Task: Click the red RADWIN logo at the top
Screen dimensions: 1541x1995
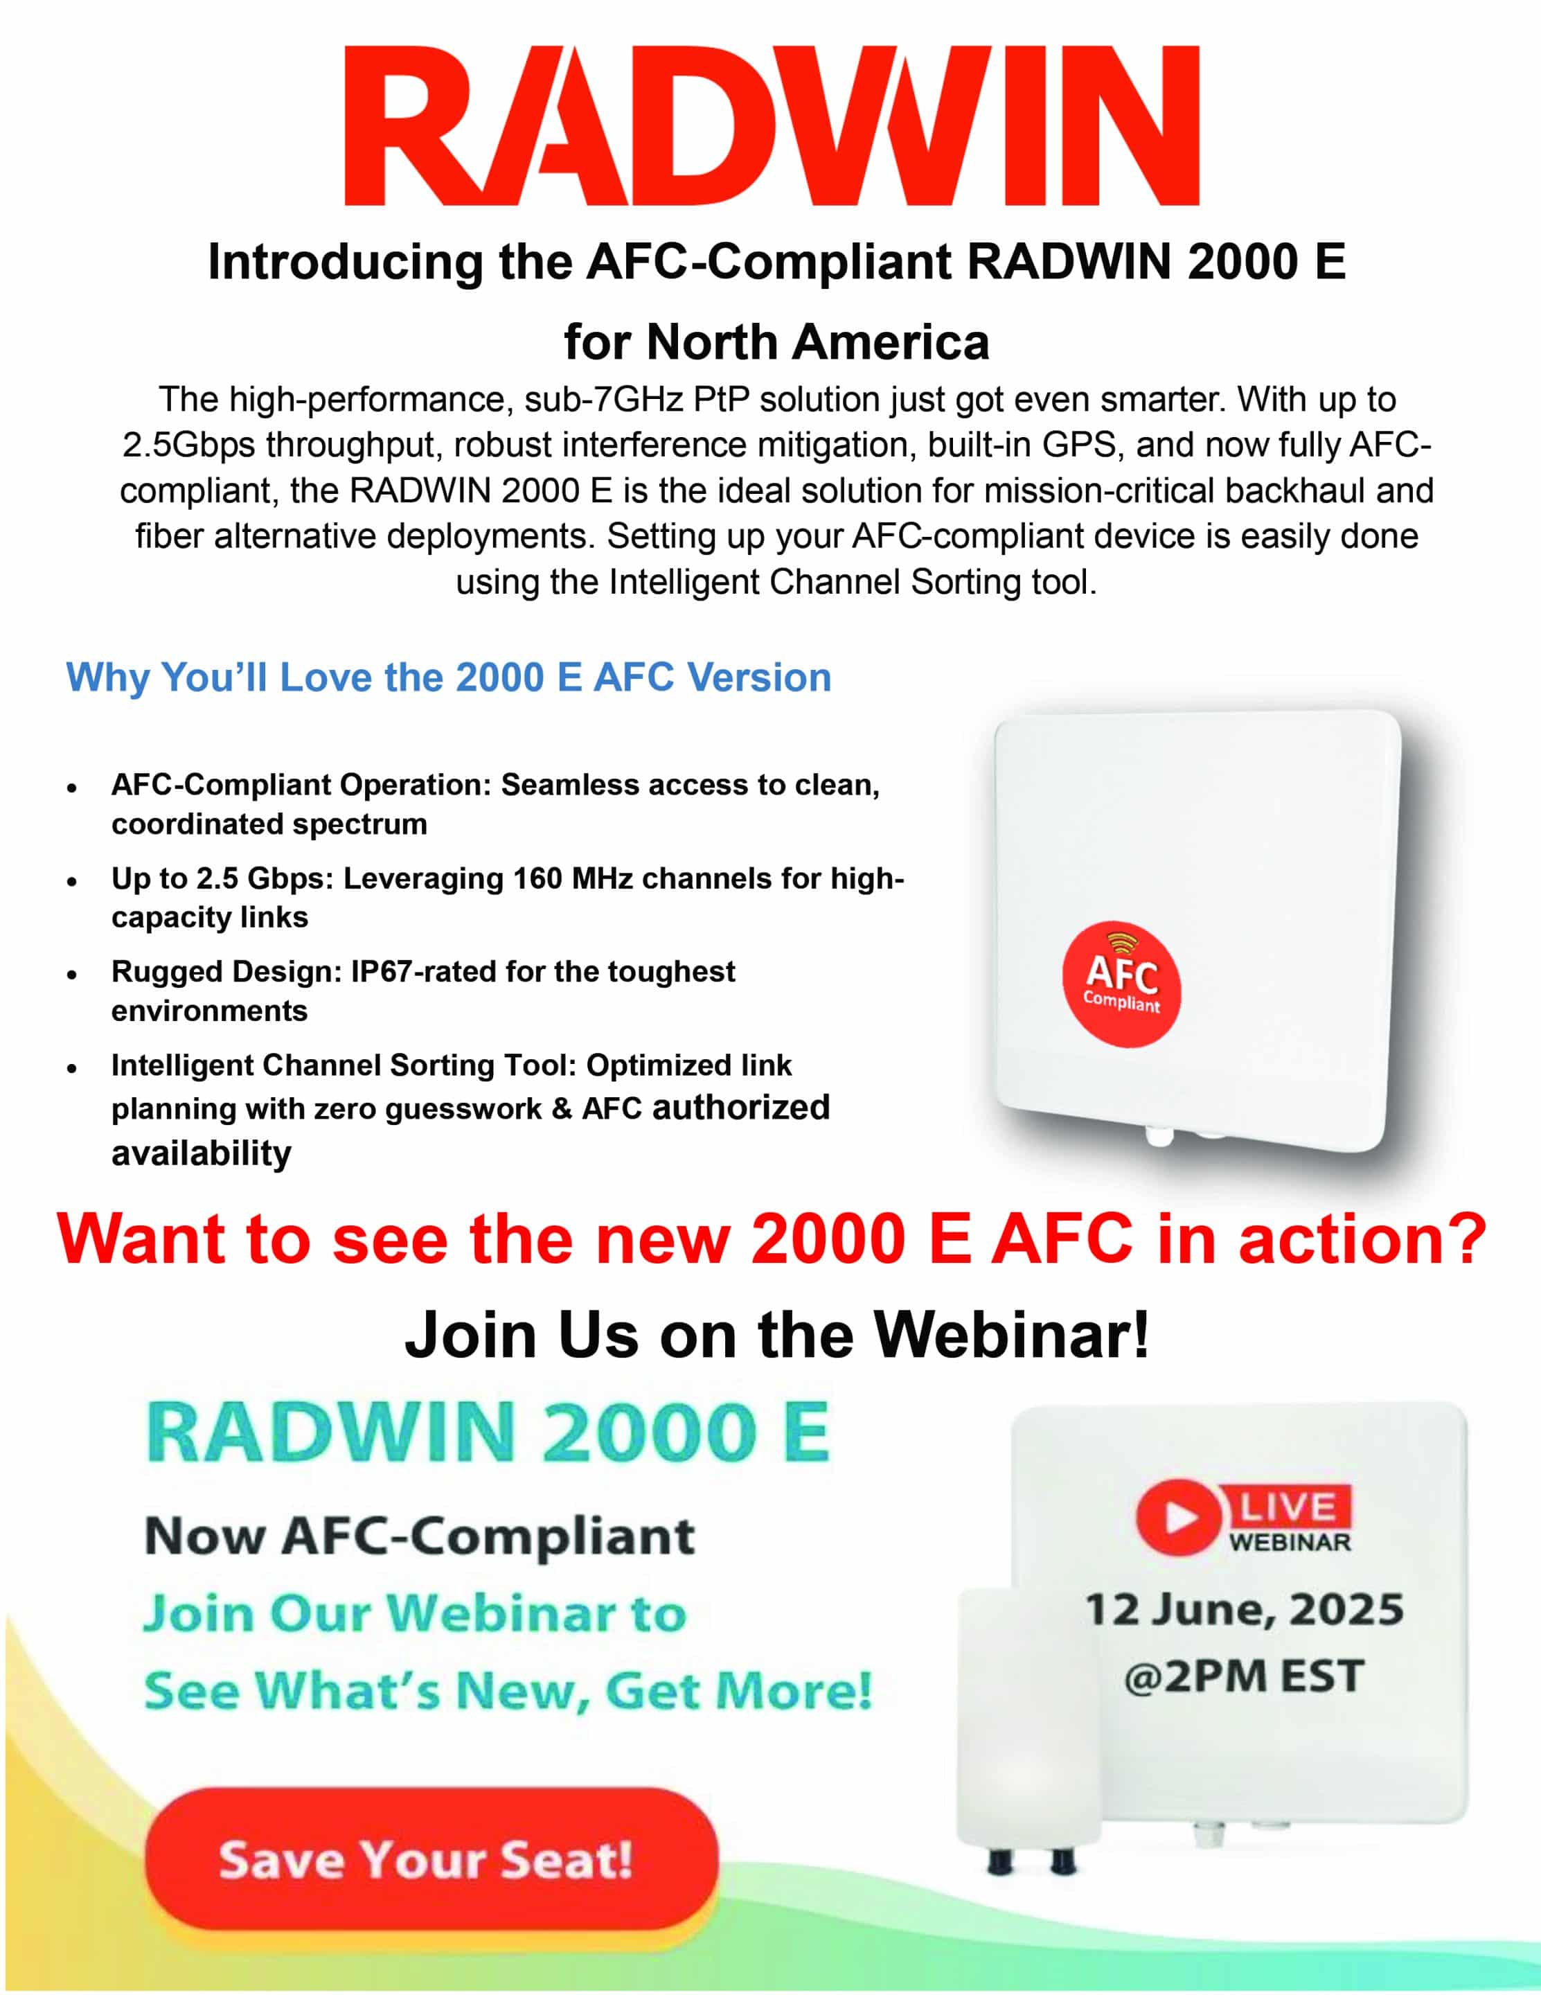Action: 771,126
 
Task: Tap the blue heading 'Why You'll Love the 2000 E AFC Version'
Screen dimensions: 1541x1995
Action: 449,677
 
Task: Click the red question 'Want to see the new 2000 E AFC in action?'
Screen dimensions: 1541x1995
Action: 772,1239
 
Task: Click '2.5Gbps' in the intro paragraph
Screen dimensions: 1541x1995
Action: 189,446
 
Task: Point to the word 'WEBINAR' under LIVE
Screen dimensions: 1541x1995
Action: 1289,1543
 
